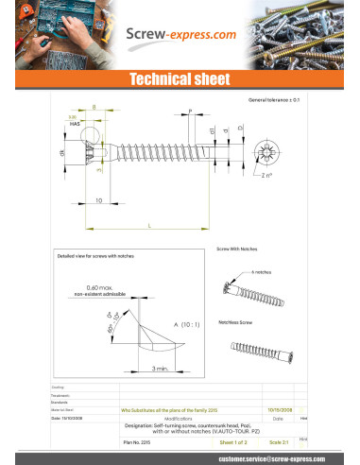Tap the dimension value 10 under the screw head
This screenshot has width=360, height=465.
pyautogui.click(x=98, y=200)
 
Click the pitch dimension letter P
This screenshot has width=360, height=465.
pyautogui.click(x=190, y=112)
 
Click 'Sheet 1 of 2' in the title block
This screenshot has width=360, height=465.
pyautogui.click(x=232, y=441)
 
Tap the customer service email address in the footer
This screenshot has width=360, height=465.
pyautogui.click(x=247, y=457)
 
